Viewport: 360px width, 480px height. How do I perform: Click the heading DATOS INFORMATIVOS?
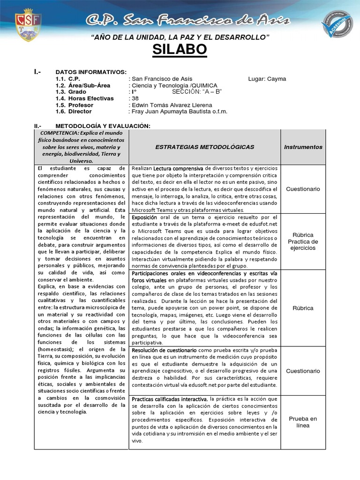pos(91,72)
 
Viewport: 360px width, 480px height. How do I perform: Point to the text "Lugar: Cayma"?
pos(267,79)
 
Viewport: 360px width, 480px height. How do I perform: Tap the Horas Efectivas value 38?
pos(135,98)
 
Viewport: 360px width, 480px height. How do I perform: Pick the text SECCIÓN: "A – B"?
pos(196,92)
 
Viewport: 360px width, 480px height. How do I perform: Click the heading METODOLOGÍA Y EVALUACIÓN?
pos(103,126)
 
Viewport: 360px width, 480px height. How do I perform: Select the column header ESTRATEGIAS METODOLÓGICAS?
pos(204,147)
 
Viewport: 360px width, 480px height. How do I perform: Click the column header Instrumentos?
pos(303,147)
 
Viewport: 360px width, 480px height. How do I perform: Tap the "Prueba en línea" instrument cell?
pos(303,422)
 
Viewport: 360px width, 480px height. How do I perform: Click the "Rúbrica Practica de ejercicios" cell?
pos(303,241)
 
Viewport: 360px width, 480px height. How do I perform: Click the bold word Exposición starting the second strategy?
pos(144,217)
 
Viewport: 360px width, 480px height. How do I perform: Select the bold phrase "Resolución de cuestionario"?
pos(164,350)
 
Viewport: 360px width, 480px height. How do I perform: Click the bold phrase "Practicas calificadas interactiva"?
pos(169,399)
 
